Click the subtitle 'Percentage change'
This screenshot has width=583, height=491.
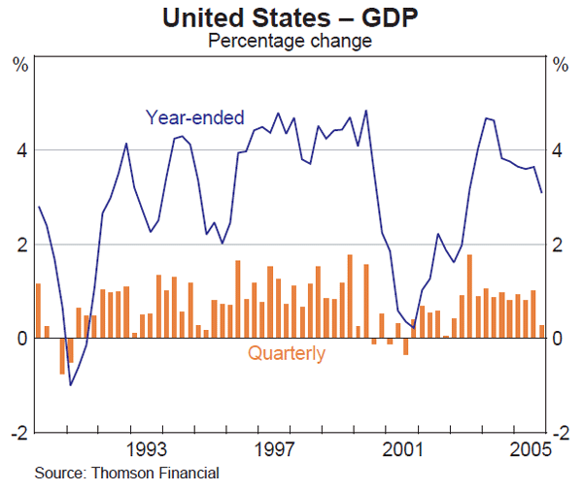[291, 41]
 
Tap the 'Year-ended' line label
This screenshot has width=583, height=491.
[194, 117]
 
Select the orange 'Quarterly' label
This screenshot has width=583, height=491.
[287, 354]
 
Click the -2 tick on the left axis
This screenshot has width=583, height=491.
[17, 432]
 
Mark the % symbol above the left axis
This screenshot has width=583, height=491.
[19, 65]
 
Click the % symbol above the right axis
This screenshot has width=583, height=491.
[562, 65]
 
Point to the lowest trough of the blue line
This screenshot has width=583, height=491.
[70, 385]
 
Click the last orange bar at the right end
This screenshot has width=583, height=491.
[541, 331]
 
